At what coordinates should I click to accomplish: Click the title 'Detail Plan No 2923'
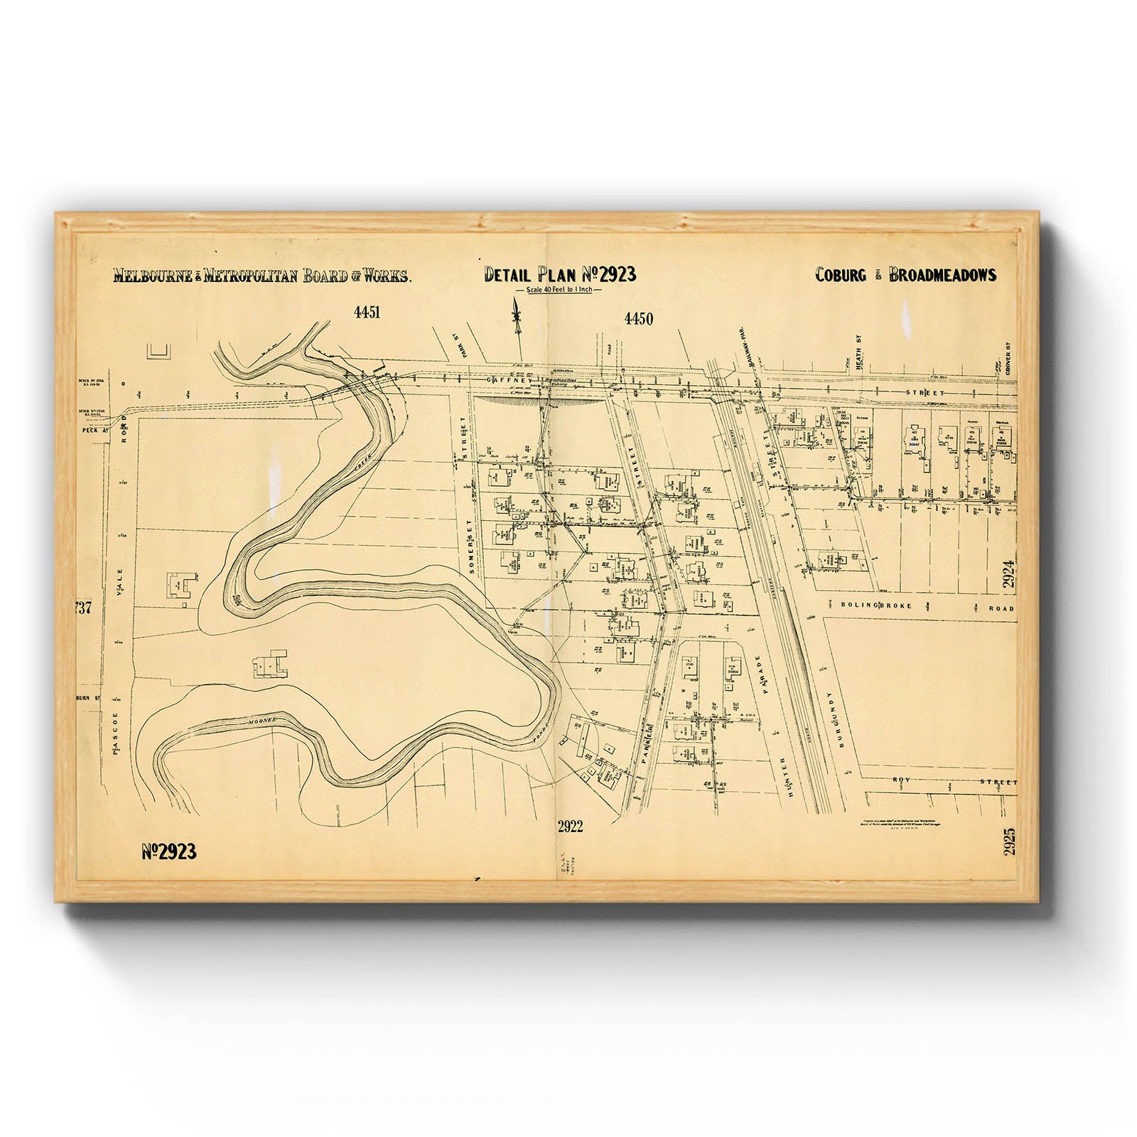(x=560, y=274)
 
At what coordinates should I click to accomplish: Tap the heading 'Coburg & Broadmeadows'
(x=905, y=275)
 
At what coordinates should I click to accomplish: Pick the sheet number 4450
(x=638, y=319)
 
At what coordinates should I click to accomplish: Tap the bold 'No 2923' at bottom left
(x=168, y=851)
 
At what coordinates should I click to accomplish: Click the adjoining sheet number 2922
(x=570, y=826)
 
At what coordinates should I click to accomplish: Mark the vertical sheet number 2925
(x=1010, y=841)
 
